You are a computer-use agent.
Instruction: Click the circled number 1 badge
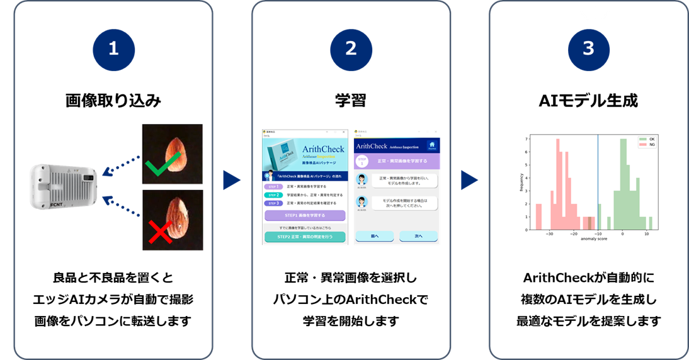pos(113,49)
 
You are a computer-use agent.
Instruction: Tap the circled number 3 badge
pos(588,49)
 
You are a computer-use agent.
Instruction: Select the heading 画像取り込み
pos(113,101)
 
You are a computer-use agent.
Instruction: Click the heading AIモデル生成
pos(588,101)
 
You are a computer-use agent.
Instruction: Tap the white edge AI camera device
pos(63,187)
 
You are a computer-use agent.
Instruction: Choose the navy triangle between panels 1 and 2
pos(232,180)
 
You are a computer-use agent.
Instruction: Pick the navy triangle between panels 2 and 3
pos(469,180)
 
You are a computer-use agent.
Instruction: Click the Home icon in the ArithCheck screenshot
pos(431,146)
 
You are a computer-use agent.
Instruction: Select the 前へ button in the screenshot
pos(375,236)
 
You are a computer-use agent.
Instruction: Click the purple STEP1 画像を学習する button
pos(305,215)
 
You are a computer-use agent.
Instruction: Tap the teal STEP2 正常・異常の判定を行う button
pos(305,237)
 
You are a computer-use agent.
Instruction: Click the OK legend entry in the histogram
pos(646,139)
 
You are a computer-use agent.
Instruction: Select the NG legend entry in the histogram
pos(646,145)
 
